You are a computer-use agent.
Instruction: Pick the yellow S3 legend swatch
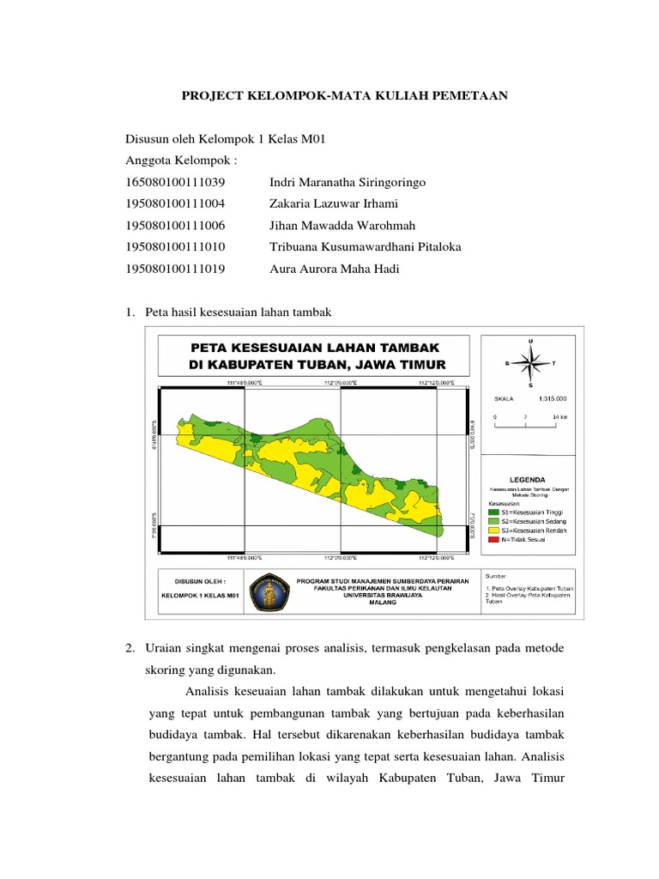click(493, 528)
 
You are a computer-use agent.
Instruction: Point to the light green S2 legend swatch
click(493, 518)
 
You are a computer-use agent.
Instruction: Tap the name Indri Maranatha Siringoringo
click(347, 183)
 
